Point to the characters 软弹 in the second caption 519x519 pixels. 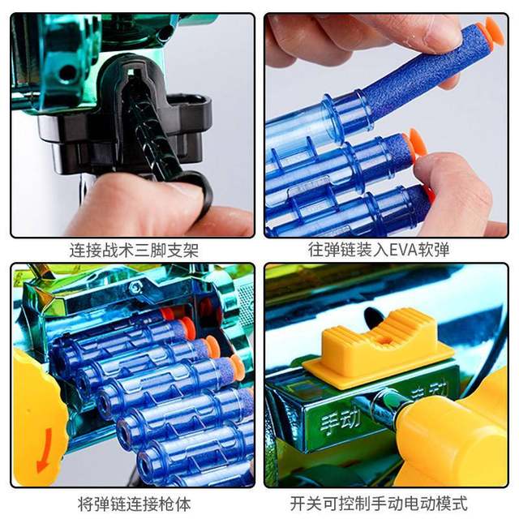(x=434, y=250)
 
